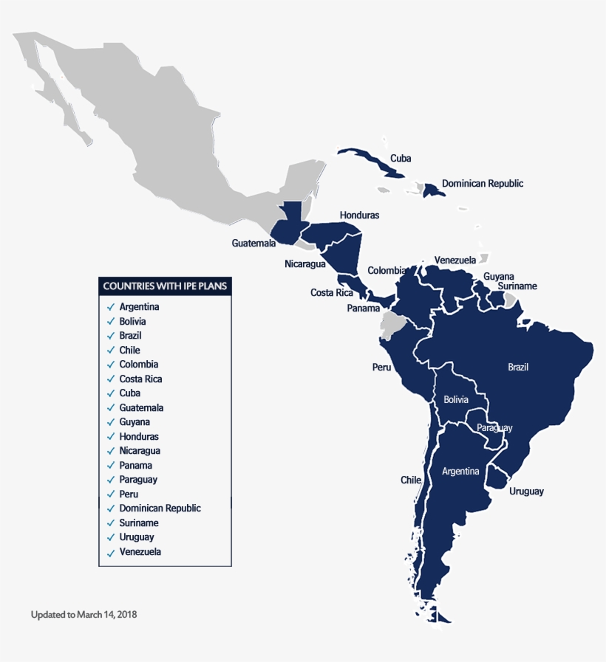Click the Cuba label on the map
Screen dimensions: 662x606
coord(401,158)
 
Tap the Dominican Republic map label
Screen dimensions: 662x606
coord(482,183)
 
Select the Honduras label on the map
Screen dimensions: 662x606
coord(359,215)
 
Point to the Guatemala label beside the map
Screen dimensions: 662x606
coord(253,243)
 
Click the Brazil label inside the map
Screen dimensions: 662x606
coord(518,367)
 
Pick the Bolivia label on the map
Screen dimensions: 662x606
coord(456,399)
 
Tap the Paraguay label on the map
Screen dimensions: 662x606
coord(494,428)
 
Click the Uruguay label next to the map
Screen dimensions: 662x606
coord(526,492)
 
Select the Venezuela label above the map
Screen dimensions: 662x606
coord(455,260)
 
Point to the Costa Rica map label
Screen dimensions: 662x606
coord(331,292)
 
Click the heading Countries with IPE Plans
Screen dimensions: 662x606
coord(166,286)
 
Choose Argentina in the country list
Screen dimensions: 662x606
coord(139,306)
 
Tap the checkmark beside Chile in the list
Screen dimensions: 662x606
coord(110,350)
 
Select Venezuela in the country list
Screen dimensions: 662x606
coord(140,551)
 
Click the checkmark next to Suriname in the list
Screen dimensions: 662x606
coord(110,523)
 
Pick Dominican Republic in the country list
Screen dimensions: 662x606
coord(160,508)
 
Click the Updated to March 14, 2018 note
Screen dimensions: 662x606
coord(84,614)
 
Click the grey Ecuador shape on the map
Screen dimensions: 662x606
coord(390,324)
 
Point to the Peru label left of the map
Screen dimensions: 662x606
coord(381,367)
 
